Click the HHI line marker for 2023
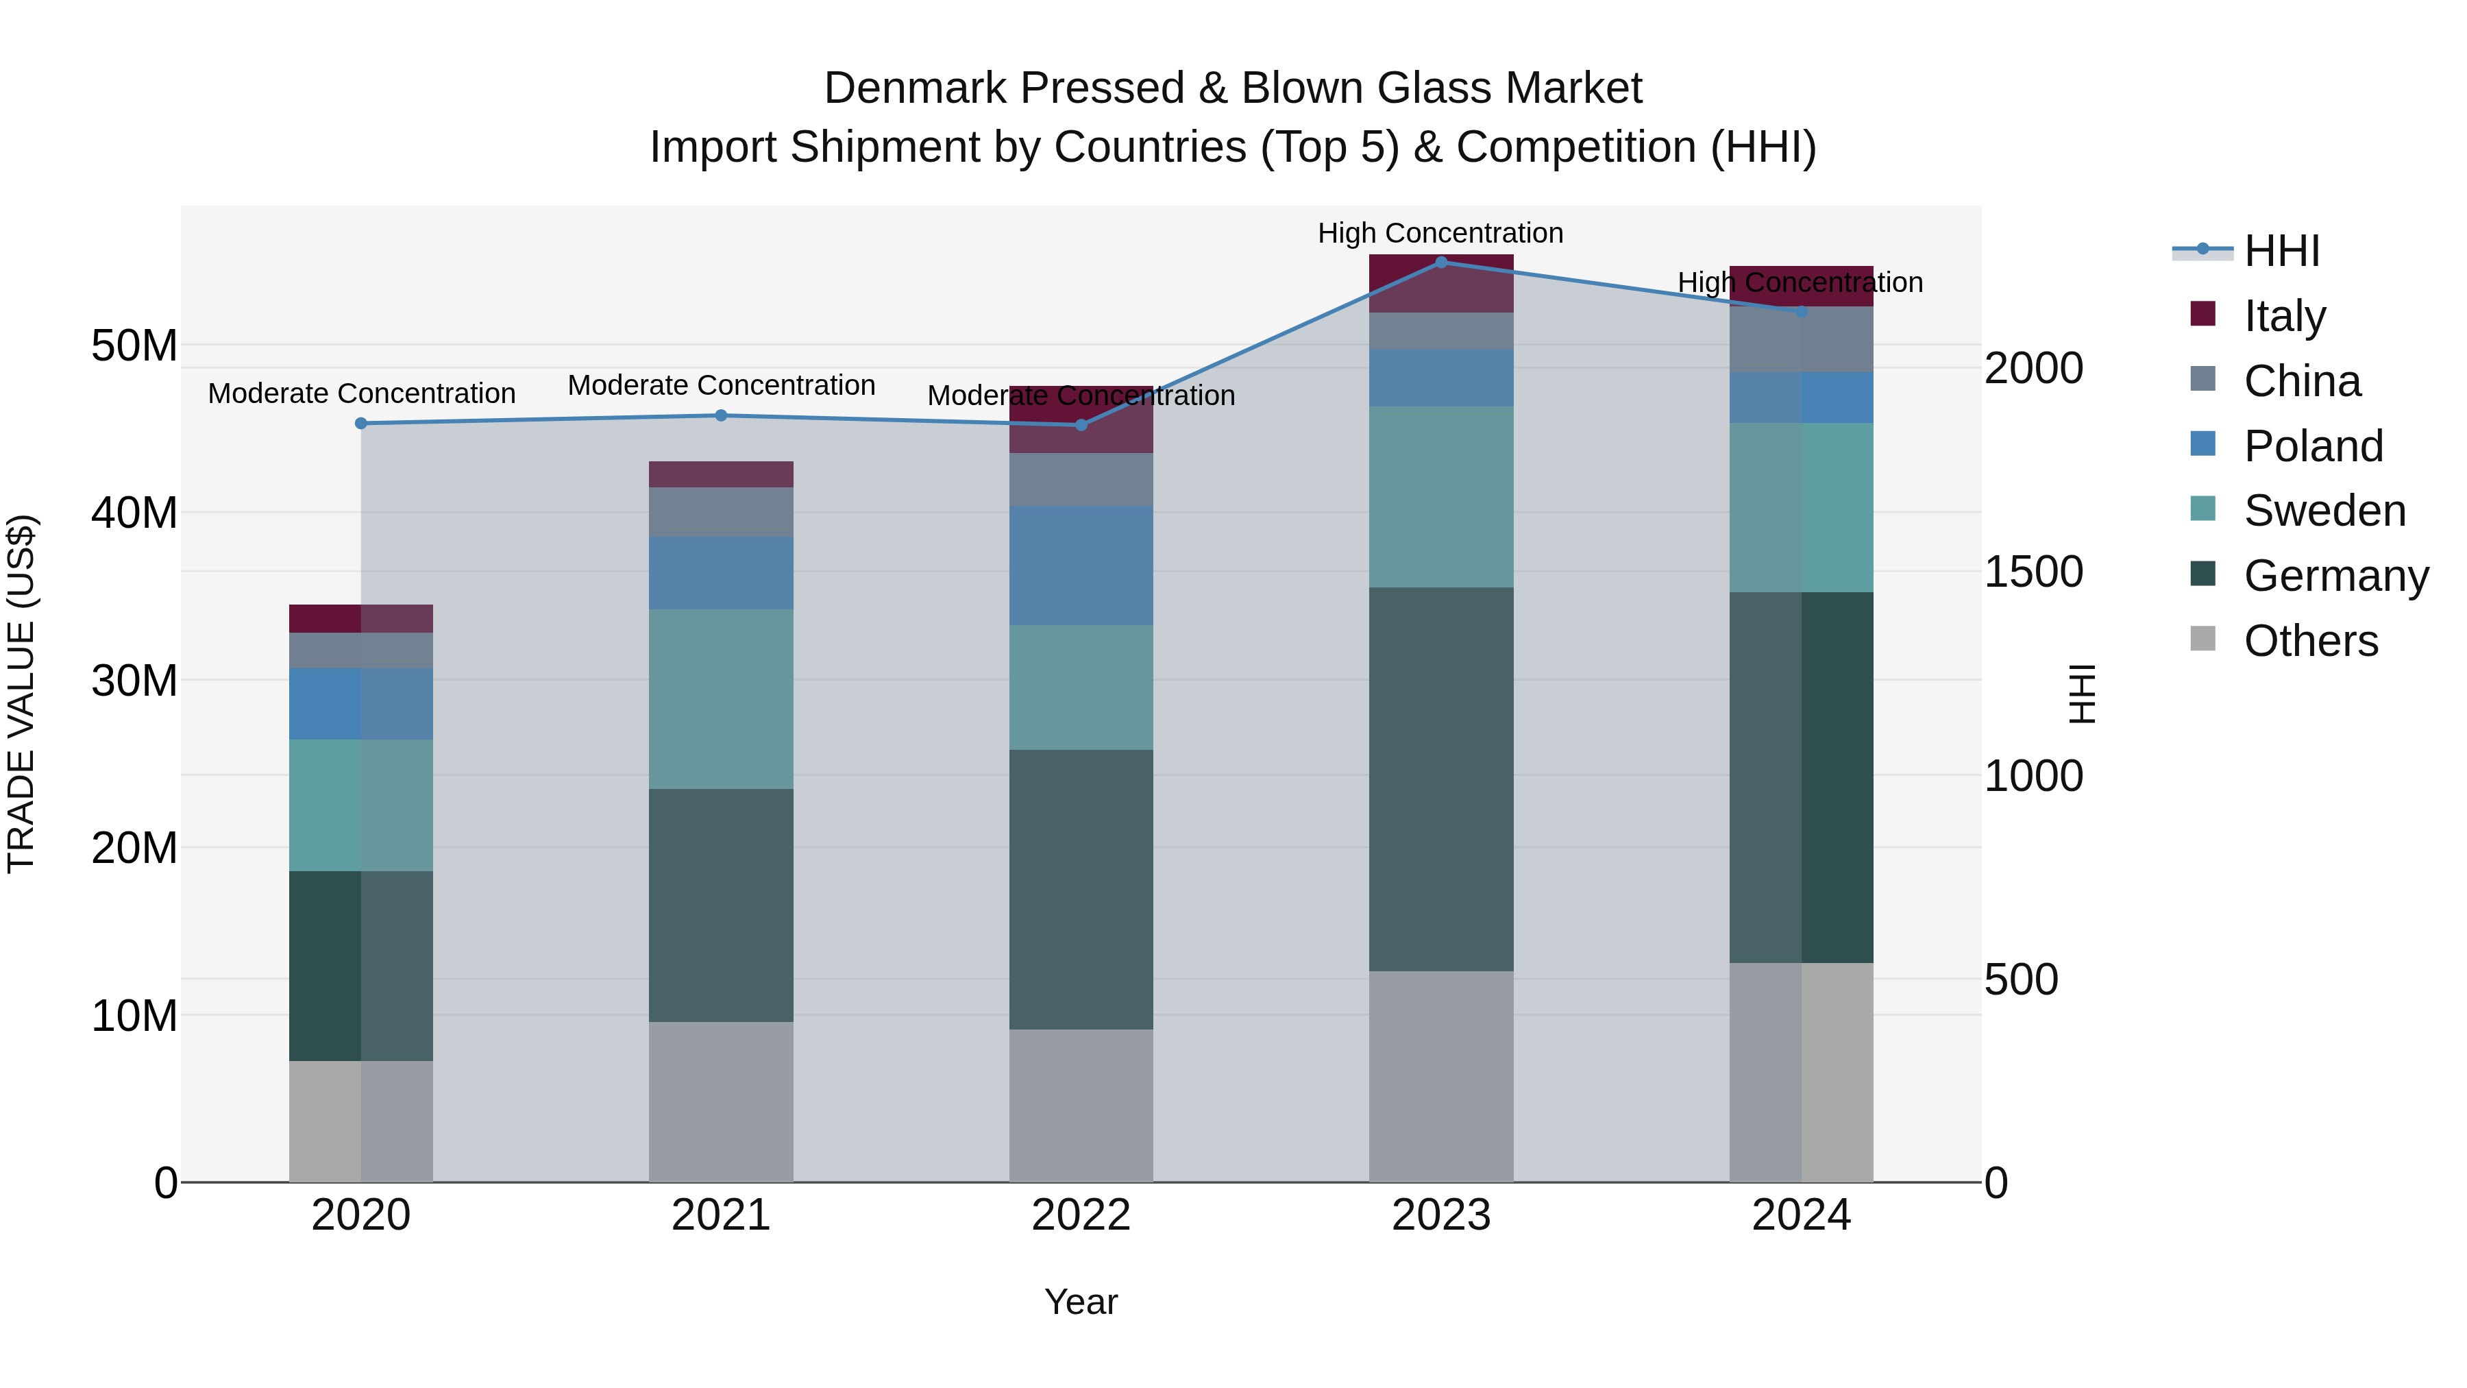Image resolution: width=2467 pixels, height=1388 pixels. click(x=1440, y=262)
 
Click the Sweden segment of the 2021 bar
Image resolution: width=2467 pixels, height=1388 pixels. click(x=721, y=698)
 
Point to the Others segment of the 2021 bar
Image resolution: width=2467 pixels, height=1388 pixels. click(x=721, y=1101)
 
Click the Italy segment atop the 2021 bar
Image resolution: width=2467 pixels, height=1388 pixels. click(x=721, y=474)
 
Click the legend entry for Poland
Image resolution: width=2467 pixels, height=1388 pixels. click(x=2313, y=446)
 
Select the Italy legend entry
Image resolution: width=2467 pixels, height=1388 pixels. click(x=2284, y=316)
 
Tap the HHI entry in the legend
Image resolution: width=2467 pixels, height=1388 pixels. click(x=2281, y=251)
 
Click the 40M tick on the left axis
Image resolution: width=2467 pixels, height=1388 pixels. click(x=134, y=513)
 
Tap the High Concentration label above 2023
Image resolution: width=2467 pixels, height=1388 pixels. click(x=1440, y=233)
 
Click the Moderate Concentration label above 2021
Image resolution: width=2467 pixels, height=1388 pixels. click(x=721, y=385)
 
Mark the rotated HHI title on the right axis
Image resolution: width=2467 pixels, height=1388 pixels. click(x=2082, y=694)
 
